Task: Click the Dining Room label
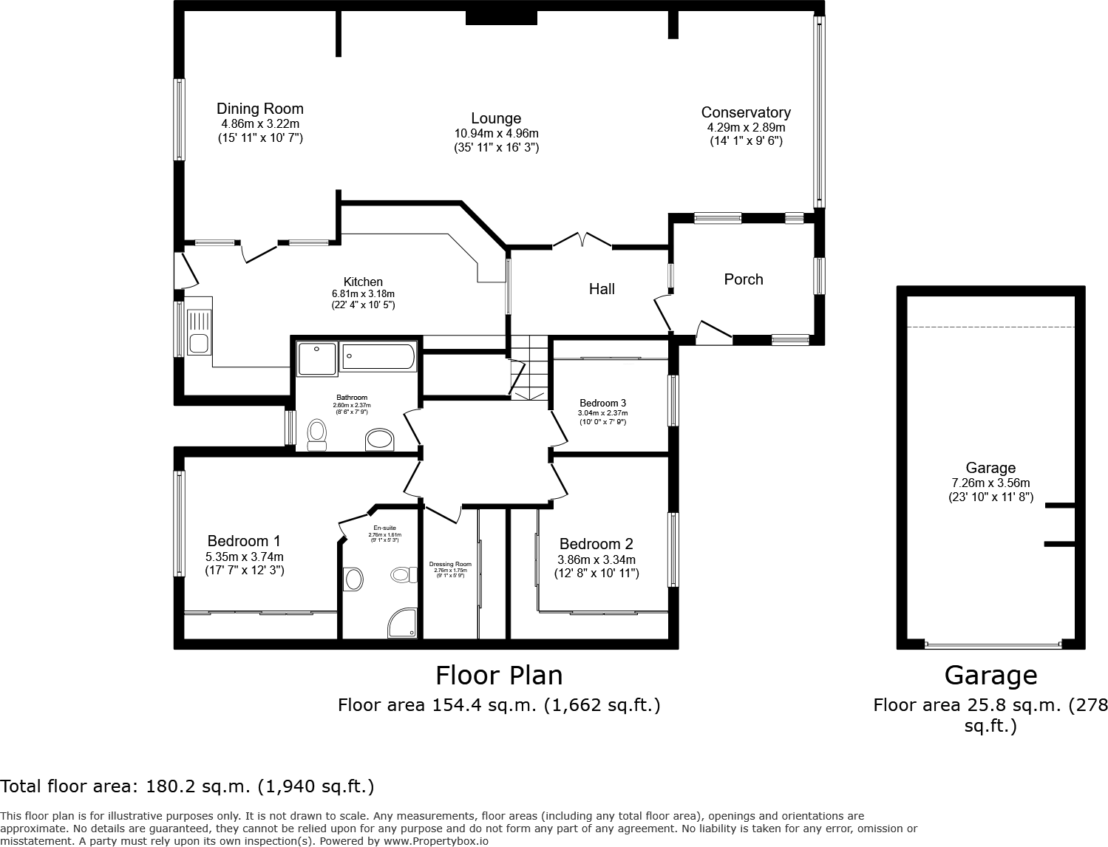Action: (x=259, y=109)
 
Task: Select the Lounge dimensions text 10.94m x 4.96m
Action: (x=496, y=134)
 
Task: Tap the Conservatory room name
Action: (x=745, y=112)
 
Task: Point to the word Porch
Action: (x=743, y=279)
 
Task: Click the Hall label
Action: (x=602, y=289)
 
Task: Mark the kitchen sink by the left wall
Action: (x=198, y=333)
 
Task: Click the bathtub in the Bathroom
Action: (x=378, y=357)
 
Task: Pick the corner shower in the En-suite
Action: (x=403, y=623)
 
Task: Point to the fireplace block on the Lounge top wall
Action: (x=501, y=17)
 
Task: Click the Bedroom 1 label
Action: (x=244, y=541)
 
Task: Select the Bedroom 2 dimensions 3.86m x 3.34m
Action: (x=596, y=559)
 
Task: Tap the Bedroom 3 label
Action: (x=602, y=403)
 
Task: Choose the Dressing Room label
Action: (x=449, y=565)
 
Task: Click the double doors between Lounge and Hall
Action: (x=582, y=240)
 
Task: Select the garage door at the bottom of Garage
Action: (x=992, y=644)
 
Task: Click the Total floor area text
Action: (x=187, y=786)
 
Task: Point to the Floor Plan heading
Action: (x=499, y=676)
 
